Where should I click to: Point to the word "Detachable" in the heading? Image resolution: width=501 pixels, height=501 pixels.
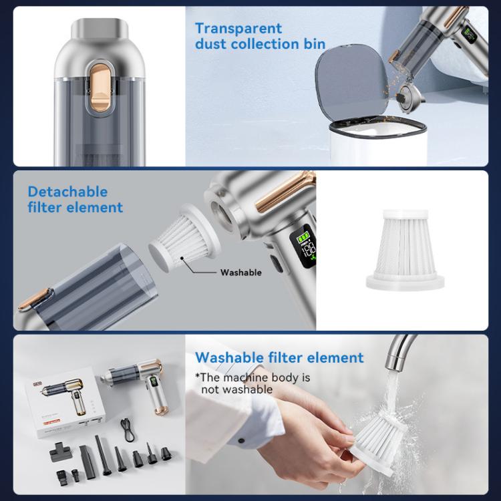click(67, 192)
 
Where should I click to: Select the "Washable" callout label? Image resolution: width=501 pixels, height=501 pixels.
click(240, 273)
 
